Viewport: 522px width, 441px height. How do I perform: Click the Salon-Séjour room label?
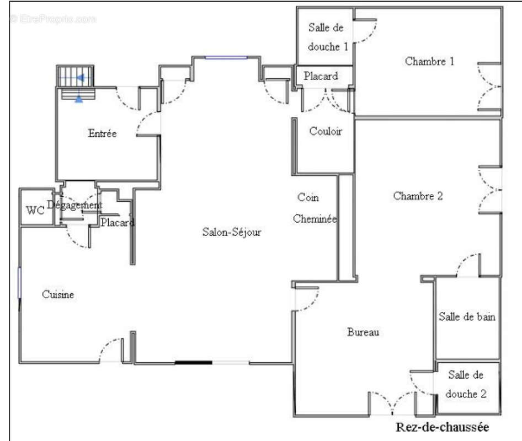232,232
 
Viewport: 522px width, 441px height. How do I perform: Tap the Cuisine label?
58,294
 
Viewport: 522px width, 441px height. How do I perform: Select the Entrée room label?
102,133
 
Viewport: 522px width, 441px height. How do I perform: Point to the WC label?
35,210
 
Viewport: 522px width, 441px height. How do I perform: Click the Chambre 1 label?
429,61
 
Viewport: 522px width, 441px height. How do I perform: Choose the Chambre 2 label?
418,196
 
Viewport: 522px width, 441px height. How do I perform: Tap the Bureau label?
363,332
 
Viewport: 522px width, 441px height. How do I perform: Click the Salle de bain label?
467,316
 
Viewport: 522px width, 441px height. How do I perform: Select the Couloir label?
326,131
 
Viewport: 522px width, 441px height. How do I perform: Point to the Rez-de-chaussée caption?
443,427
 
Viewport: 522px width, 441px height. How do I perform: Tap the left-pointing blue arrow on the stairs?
80,78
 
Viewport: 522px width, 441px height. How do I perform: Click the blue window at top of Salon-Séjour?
226,57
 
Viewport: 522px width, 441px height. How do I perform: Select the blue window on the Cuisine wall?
19,283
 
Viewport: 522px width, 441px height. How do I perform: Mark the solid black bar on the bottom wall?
194,363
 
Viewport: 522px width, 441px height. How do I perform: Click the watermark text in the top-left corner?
54,19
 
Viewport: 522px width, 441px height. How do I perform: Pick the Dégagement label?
74,205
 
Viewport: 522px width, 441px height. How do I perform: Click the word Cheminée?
315,219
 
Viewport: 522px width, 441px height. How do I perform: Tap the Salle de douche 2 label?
466,384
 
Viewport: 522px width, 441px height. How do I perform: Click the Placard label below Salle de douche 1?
321,76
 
